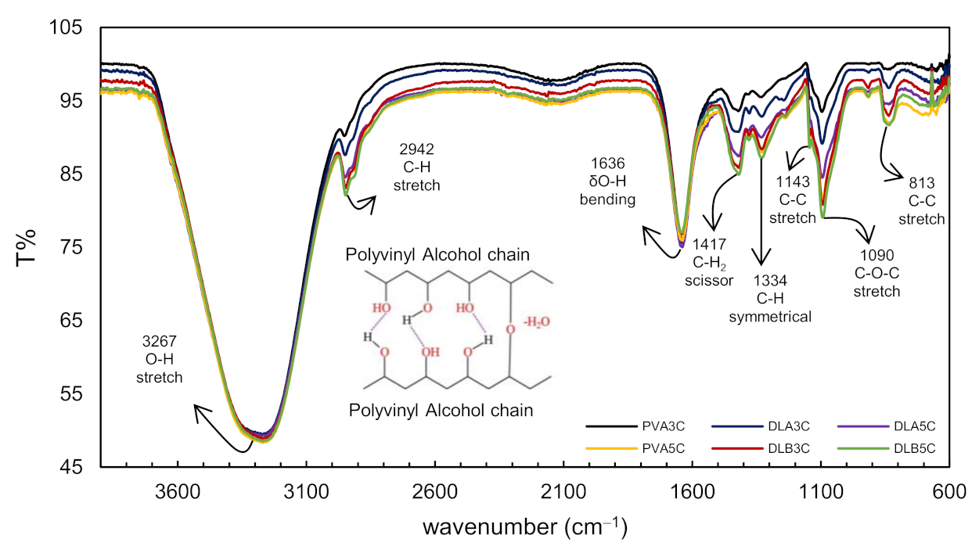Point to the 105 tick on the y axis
(x=66, y=28)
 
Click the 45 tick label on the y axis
(x=70, y=468)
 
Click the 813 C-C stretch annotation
(x=921, y=201)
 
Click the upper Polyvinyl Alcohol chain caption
(x=441, y=255)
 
